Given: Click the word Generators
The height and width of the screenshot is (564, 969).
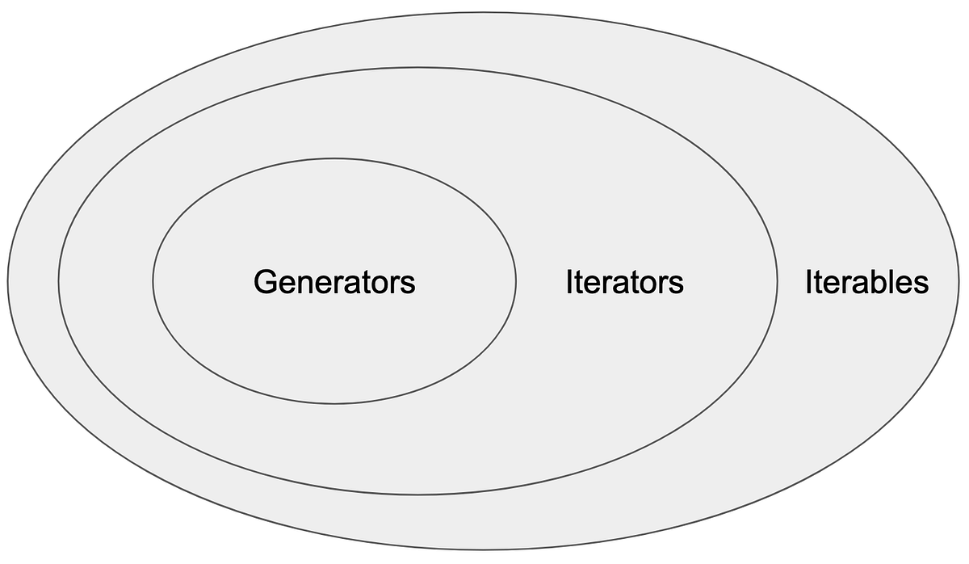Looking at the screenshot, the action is tap(334, 282).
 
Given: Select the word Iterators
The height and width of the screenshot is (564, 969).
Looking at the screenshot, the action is tap(624, 282).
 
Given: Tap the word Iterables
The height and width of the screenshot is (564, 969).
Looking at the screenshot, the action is tap(866, 282).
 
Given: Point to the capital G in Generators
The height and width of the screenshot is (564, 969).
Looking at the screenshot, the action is tap(265, 282).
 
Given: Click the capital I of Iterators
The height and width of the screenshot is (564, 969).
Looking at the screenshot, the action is tap(569, 282).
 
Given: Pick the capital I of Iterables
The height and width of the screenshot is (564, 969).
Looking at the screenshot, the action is tap(809, 282).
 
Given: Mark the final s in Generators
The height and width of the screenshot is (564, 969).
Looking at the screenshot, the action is tap(409, 284).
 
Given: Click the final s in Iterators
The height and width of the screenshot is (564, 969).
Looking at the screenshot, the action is tap(677, 284).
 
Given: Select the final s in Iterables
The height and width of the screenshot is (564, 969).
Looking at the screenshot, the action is tap(921, 284).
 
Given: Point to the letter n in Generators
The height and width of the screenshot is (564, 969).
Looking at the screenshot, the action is tap(303, 284).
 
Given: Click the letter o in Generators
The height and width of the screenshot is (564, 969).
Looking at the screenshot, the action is tap(376, 284).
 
